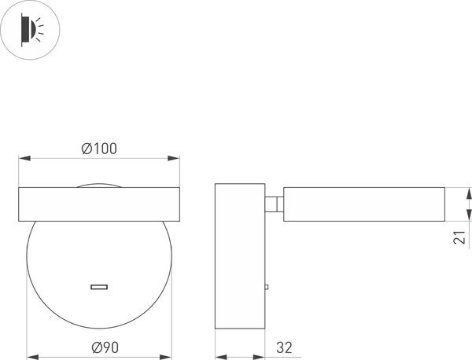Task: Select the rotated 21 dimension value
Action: tap(459, 237)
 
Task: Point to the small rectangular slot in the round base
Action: tap(99, 287)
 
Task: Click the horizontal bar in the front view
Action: tap(99, 203)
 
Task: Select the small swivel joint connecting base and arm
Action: tap(274, 204)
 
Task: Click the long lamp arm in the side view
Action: tap(363, 204)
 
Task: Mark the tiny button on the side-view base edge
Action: tap(267, 288)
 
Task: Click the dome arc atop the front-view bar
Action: tap(99, 185)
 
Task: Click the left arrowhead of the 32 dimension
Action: tap(219, 356)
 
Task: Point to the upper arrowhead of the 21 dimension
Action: tap(468, 192)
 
